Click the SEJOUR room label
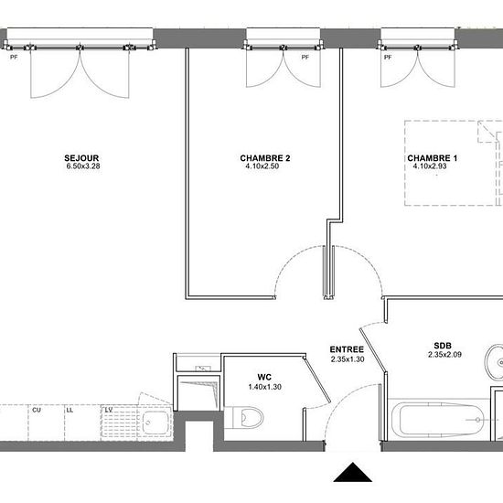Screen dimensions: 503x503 [81, 158]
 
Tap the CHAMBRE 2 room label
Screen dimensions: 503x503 [265, 158]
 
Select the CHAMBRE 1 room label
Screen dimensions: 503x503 [432, 158]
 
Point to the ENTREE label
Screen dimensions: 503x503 [347, 349]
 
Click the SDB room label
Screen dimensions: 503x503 [443, 346]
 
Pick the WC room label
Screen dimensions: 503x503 [264, 377]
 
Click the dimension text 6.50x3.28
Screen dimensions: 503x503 [83, 166]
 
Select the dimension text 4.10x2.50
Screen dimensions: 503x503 [262, 166]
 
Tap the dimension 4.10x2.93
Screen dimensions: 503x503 [430, 166]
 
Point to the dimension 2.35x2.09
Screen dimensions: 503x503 [444, 355]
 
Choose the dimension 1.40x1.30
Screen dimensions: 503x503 [265, 387]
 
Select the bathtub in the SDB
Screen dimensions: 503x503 [438, 420]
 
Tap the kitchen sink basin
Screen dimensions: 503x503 [155, 423]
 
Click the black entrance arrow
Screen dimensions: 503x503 [352, 472]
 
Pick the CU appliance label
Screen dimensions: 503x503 [37, 411]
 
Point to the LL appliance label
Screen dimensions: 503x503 [70, 411]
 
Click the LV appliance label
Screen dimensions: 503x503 [109, 410]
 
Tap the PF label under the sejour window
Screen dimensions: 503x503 [14, 58]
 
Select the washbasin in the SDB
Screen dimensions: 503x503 [495, 362]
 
